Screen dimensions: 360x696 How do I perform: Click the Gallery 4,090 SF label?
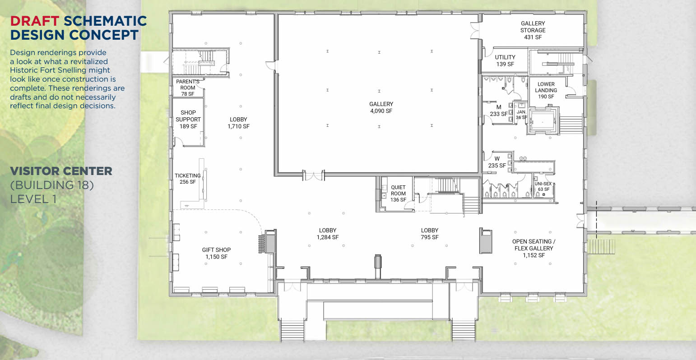coord(381,107)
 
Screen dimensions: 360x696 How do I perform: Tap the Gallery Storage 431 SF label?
coord(533,30)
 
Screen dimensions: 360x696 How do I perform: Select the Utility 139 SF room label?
coord(505,60)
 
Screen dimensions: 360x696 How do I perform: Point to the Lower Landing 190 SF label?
coord(546,90)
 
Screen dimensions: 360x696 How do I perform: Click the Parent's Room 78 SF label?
coord(188,88)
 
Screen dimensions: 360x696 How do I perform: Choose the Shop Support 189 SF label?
coord(188,120)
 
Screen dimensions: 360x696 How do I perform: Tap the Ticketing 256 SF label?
coord(188,179)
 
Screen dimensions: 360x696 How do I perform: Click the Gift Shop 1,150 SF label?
coord(216,253)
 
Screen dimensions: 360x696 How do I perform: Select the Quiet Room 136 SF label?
coord(398,194)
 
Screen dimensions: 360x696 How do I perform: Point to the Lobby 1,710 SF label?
coord(238,123)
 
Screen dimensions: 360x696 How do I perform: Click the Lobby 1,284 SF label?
coord(327,234)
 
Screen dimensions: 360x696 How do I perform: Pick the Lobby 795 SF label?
coord(429,234)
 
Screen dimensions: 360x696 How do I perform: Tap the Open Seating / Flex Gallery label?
coord(534,248)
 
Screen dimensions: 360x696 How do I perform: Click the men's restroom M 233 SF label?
coord(498,111)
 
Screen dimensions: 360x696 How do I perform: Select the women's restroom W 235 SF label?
coord(496,162)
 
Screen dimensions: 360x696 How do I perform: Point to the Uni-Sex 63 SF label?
coord(543,186)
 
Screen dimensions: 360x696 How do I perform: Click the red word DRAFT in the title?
coord(34,21)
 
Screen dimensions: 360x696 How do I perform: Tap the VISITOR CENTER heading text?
coord(61,171)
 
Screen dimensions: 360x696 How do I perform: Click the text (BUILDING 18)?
coord(51,185)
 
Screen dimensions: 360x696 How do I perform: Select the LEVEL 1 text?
coord(33,198)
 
